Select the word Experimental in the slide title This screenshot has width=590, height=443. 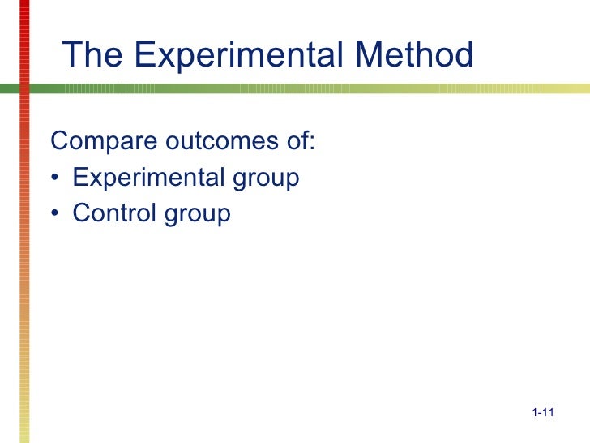225,55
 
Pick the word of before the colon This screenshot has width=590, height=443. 293,141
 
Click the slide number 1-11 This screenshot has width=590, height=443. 542,415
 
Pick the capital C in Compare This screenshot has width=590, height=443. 58,141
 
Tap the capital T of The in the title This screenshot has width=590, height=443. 71,55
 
